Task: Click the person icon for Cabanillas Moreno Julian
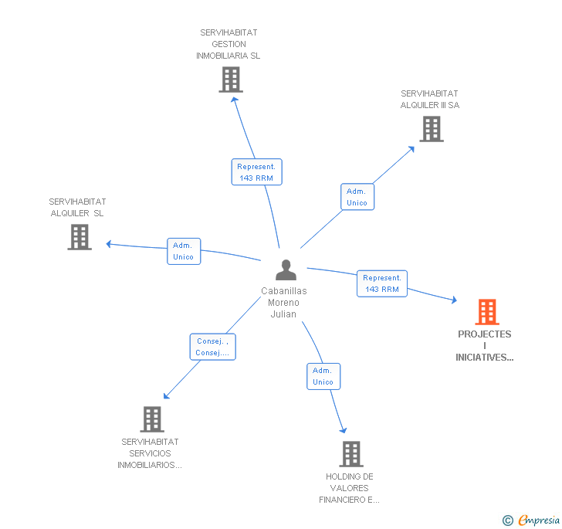click(x=286, y=270)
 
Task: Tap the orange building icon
click(x=487, y=312)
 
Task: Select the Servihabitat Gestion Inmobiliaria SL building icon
click(x=230, y=80)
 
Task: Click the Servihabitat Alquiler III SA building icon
click(x=432, y=129)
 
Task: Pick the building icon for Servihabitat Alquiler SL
click(x=80, y=237)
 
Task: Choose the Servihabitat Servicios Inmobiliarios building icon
click(x=152, y=419)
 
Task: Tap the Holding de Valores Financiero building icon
click(x=351, y=454)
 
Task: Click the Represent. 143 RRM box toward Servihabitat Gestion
click(x=256, y=172)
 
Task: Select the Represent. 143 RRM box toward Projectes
click(x=382, y=283)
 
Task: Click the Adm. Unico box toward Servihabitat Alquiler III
click(x=357, y=197)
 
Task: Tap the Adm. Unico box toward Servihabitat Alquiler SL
click(x=184, y=251)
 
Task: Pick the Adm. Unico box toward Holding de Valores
click(x=323, y=376)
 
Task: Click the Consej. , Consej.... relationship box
click(x=212, y=347)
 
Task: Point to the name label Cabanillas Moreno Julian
click(x=283, y=303)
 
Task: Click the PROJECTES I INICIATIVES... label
click(x=485, y=346)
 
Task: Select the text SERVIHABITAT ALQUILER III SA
click(x=429, y=100)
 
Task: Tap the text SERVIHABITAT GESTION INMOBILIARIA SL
click(x=229, y=44)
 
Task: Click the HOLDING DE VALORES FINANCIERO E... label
click(x=349, y=488)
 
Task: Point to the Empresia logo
click(x=532, y=521)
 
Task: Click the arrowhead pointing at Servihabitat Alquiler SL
click(x=110, y=244)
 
